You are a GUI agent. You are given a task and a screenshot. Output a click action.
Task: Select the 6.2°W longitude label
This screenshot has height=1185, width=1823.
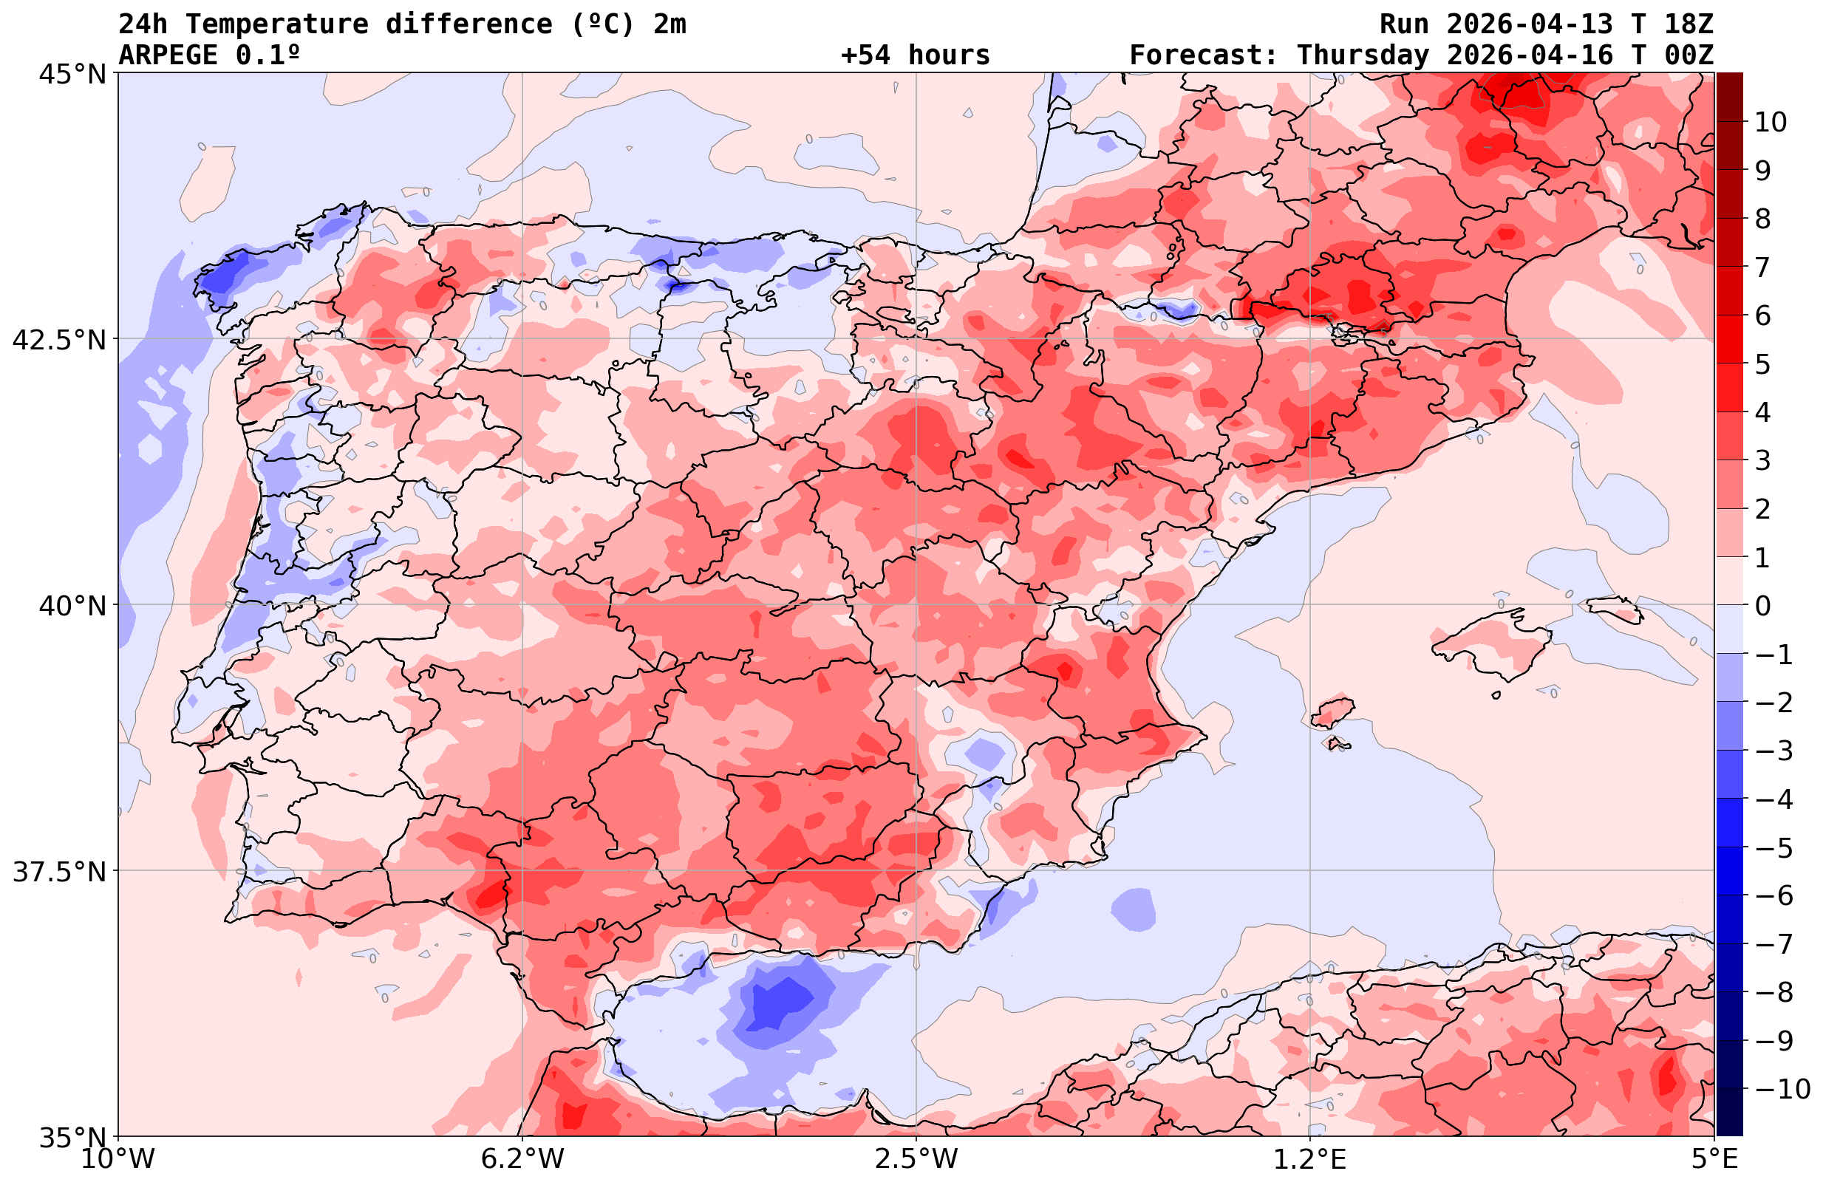[x=522, y=1159]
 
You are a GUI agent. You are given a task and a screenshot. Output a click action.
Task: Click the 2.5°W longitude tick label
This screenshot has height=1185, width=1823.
[x=916, y=1159]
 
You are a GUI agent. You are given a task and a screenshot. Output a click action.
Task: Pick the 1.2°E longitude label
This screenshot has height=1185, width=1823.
[x=1310, y=1159]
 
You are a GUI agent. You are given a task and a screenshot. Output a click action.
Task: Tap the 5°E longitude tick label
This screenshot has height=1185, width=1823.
[x=1713, y=1159]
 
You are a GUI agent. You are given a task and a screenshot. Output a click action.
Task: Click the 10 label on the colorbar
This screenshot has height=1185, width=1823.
[x=1770, y=122]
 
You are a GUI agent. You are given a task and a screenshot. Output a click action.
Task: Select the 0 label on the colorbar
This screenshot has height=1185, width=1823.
[x=1762, y=606]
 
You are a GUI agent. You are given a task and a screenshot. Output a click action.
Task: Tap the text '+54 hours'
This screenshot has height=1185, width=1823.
[x=916, y=55]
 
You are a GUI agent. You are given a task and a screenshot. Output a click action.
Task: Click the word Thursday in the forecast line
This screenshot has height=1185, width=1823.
[x=1363, y=55]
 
